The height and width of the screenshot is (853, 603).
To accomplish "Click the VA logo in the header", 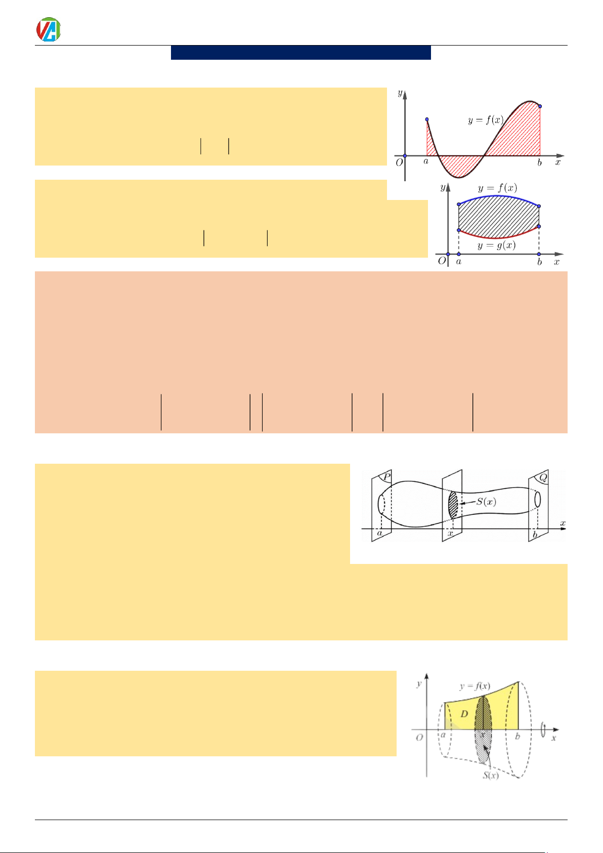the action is (x=49, y=29).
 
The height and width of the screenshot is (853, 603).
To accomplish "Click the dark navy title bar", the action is (x=300, y=53).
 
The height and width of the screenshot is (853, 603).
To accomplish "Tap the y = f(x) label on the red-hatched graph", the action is (x=486, y=120).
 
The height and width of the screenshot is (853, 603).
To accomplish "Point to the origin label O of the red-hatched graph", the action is (x=399, y=163).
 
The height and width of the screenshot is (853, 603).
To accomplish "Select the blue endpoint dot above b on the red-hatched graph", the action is (x=540, y=106).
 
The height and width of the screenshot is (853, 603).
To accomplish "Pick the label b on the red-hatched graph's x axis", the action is (x=539, y=163).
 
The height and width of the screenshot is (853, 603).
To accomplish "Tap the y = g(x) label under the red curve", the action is (x=496, y=245).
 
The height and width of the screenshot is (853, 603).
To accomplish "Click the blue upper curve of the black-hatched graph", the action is (x=498, y=196).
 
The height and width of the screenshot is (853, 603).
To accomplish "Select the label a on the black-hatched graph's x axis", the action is (x=458, y=262).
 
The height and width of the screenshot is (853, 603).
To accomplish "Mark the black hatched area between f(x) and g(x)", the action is (x=498, y=217).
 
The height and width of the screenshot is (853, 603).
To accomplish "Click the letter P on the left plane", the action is (x=386, y=477).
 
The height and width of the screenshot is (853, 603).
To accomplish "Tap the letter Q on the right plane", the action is (x=543, y=477).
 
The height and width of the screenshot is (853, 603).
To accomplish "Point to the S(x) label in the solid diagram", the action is (x=486, y=502).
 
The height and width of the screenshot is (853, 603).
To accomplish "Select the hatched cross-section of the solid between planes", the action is (x=453, y=505).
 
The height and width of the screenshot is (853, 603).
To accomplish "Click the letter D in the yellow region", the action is (x=464, y=714).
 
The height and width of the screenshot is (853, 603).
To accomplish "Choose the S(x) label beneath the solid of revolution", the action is (x=490, y=775).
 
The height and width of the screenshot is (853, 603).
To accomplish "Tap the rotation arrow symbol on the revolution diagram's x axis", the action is (x=543, y=729).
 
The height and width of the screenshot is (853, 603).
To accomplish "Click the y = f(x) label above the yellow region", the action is (x=475, y=686).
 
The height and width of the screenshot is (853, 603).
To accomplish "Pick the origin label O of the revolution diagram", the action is (x=419, y=738).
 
